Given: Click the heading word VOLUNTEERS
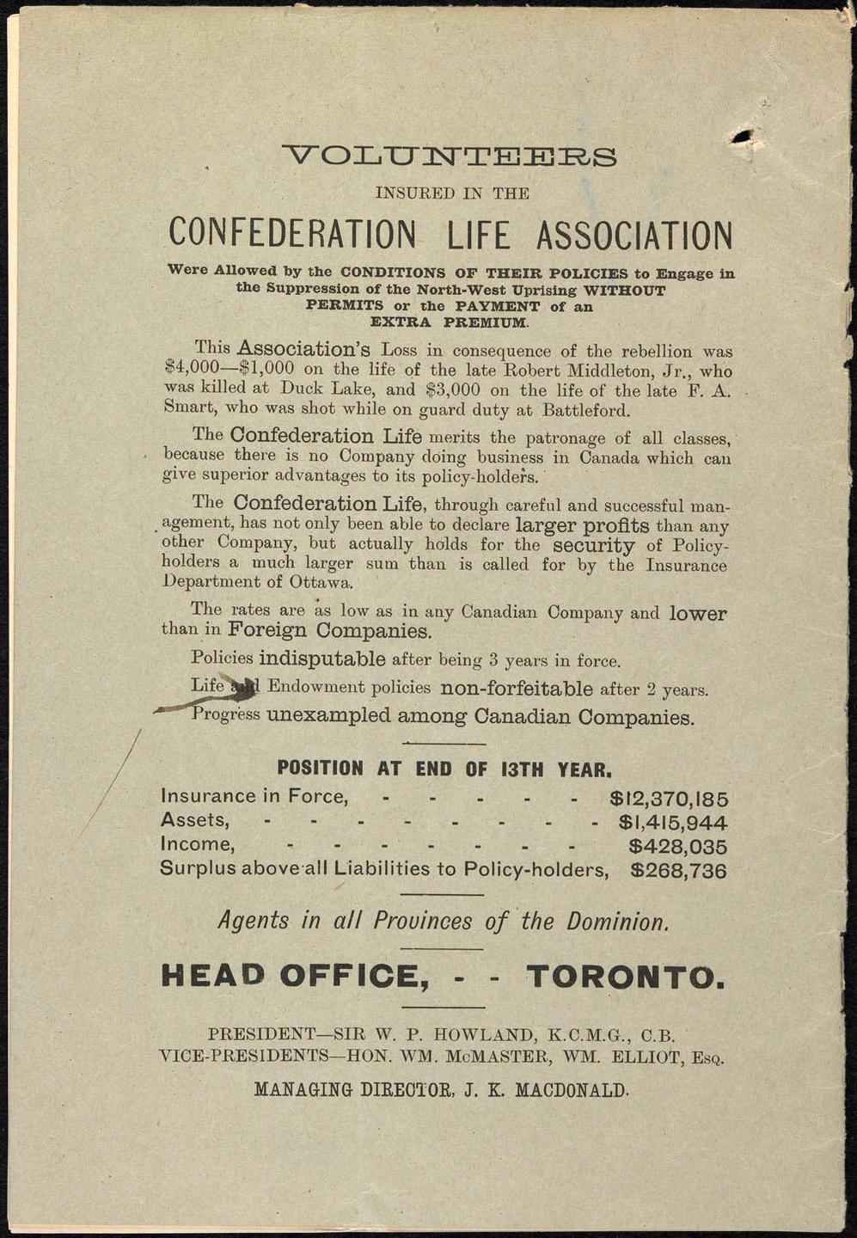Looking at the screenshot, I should point(450,157).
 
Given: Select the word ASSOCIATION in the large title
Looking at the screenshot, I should point(634,235).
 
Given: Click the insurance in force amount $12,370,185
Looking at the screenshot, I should point(669,799).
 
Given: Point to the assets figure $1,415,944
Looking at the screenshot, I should point(673,823).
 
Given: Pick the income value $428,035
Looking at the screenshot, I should point(678,847).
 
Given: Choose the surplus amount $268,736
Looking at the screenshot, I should point(678,871).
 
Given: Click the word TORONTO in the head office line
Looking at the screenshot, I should point(625,976).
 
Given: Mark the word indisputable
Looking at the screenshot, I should point(322,659).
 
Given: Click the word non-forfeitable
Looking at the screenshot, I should point(517,689).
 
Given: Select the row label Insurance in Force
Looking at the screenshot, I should point(254,796).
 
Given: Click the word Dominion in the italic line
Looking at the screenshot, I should point(617,922).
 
